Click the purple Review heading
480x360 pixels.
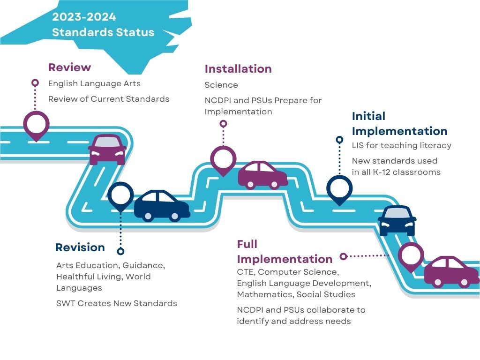click(69, 67)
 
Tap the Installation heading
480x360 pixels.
click(238, 69)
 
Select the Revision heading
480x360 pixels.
click(80, 247)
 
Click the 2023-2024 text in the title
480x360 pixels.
click(84, 17)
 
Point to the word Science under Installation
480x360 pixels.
click(221, 85)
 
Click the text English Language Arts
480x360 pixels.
click(94, 83)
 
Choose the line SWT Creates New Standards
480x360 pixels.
click(116, 303)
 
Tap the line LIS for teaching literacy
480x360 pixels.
click(402, 145)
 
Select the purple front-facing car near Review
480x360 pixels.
click(107, 149)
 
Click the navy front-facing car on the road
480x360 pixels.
click(397, 220)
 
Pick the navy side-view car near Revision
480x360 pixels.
click(162, 205)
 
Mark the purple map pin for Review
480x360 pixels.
click(36, 124)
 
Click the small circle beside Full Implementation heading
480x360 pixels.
click(343, 256)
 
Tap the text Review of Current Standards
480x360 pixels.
click(109, 99)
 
